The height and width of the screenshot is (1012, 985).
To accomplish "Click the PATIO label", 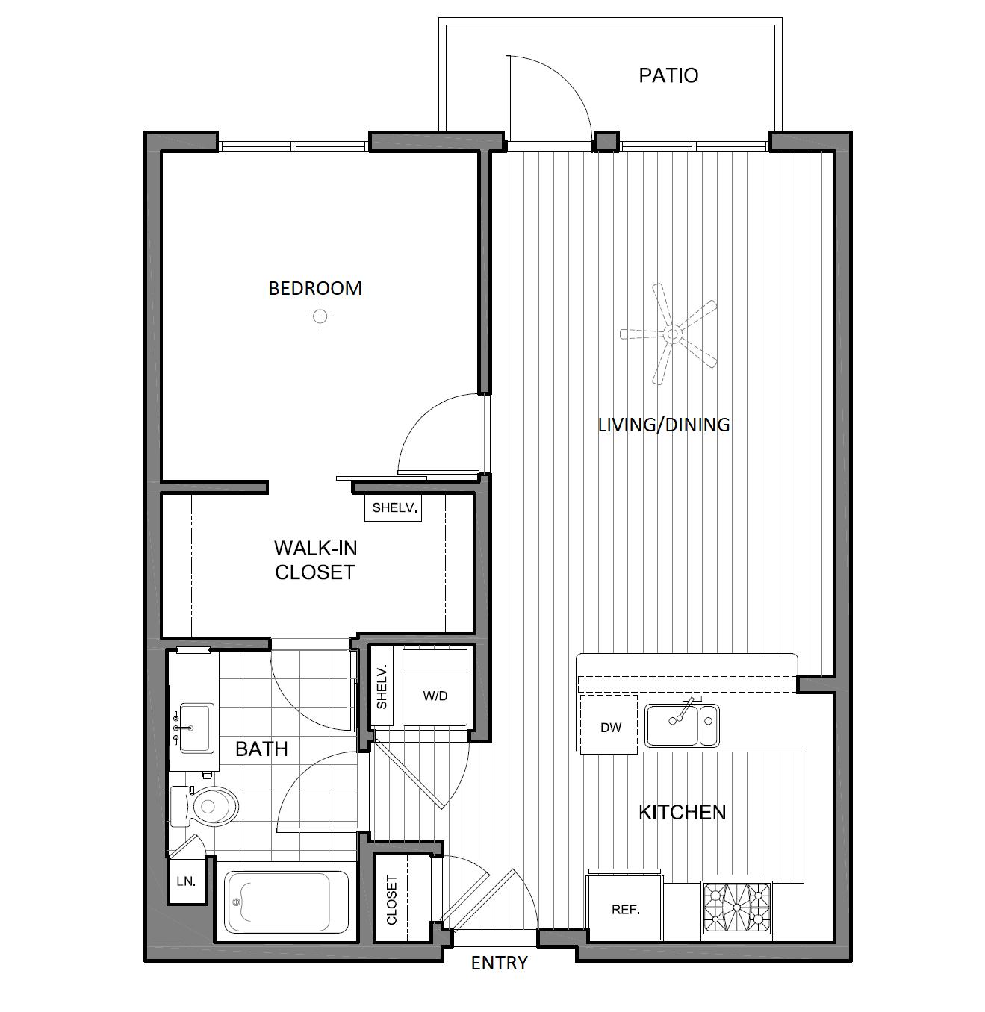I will (x=668, y=75).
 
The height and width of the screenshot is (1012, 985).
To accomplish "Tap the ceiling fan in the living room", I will (x=671, y=334).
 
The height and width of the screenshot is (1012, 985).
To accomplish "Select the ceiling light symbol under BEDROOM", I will (x=320, y=317).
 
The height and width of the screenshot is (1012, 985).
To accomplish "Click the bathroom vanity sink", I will (x=196, y=728).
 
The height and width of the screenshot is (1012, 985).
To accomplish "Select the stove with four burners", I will (x=737, y=908).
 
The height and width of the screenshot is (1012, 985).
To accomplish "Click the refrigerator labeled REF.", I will (x=625, y=909).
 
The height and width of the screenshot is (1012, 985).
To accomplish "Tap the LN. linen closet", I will (x=186, y=881).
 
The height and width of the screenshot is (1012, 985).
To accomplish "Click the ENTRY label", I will (x=499, y=963).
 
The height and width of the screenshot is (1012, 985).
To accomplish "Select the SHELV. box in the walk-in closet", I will (x=394, y=507).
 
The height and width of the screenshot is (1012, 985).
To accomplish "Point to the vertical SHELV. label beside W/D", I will (x=382, y=687).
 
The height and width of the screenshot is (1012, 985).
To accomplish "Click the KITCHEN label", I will (x=682, y=812).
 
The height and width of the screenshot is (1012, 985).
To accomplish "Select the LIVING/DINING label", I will (x=664, y=425).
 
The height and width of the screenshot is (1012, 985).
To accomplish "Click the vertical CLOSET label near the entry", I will (x=392, y=899).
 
